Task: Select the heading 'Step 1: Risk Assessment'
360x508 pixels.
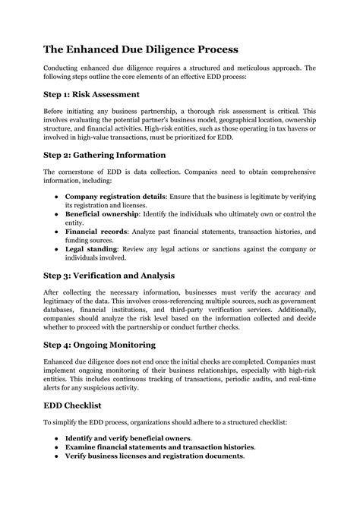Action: pos(91,95)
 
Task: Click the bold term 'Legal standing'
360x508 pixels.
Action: pos(91,249)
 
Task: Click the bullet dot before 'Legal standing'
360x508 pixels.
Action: pos(57,249)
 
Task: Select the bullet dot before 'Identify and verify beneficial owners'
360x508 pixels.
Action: pos(57,438)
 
